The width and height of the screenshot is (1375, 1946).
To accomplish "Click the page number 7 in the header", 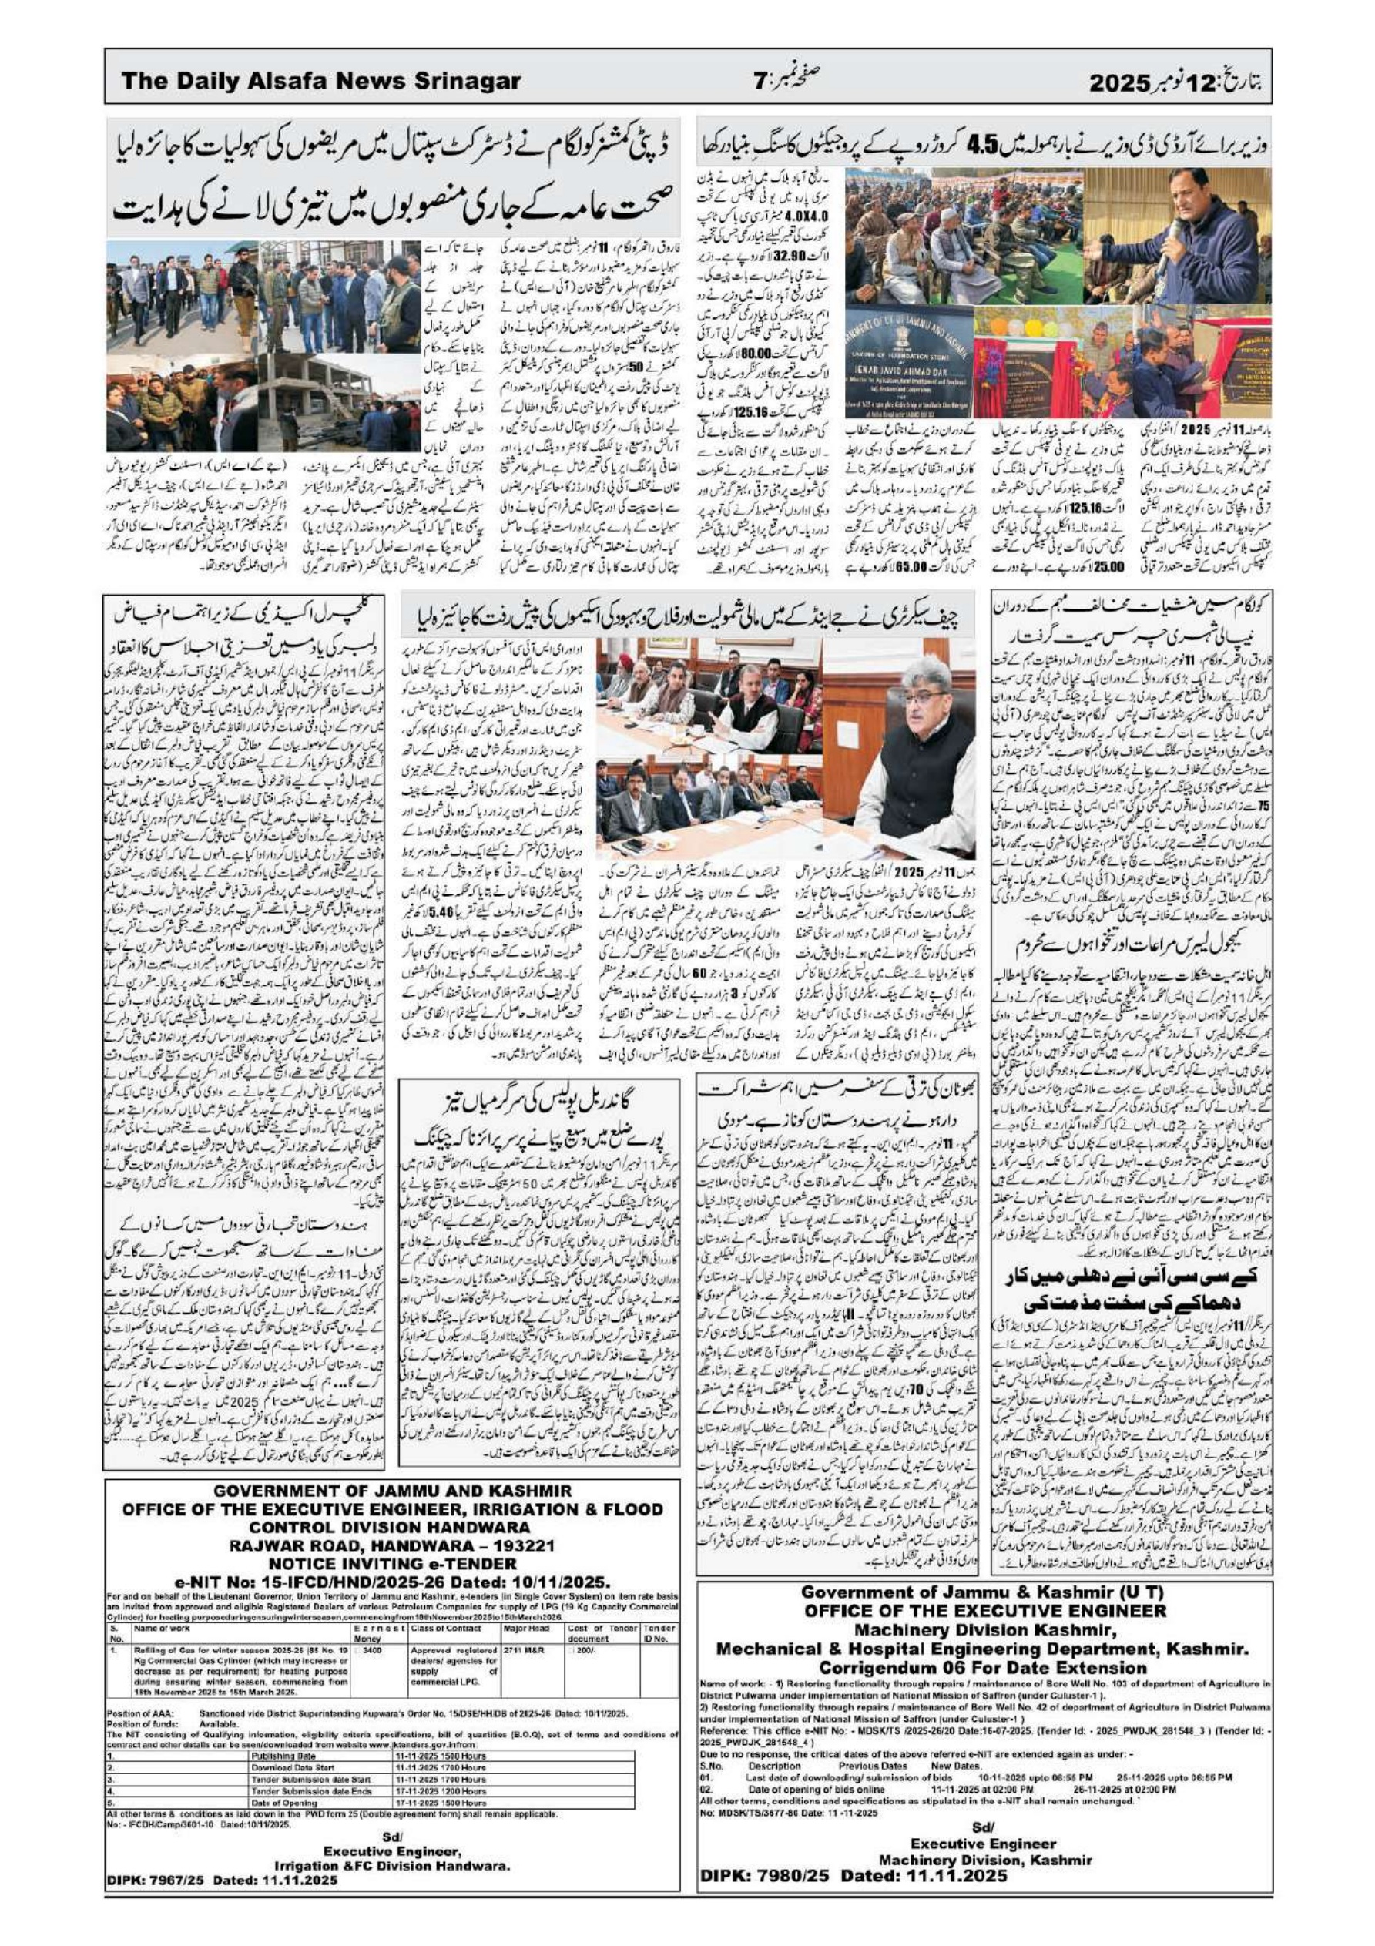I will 760,82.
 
